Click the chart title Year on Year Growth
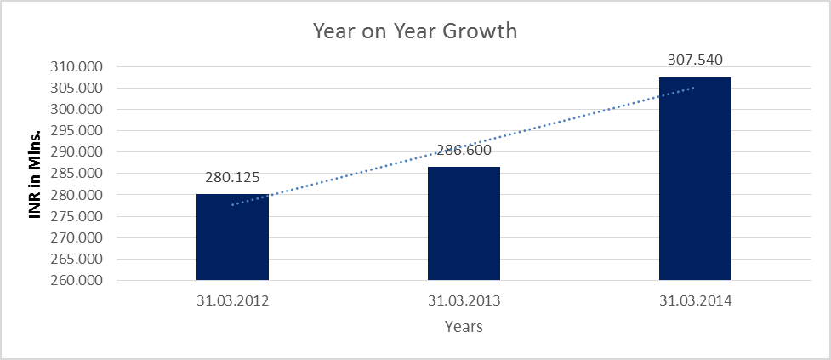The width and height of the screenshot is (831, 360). click(415, 31)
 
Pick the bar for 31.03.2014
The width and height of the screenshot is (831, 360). click(695, 179)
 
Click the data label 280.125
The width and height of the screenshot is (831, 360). click(232, 178)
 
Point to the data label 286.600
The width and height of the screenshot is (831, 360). click(464, 151)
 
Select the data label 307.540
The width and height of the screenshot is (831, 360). click(695, 60)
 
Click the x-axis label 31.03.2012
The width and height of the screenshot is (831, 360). click(232, 300)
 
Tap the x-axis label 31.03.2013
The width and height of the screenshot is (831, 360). click(464, 300)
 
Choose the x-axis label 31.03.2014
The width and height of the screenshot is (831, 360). click(695, 300)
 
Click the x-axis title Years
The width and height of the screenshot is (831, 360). click(464, 326)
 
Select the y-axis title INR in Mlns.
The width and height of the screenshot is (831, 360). click(36, 174)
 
